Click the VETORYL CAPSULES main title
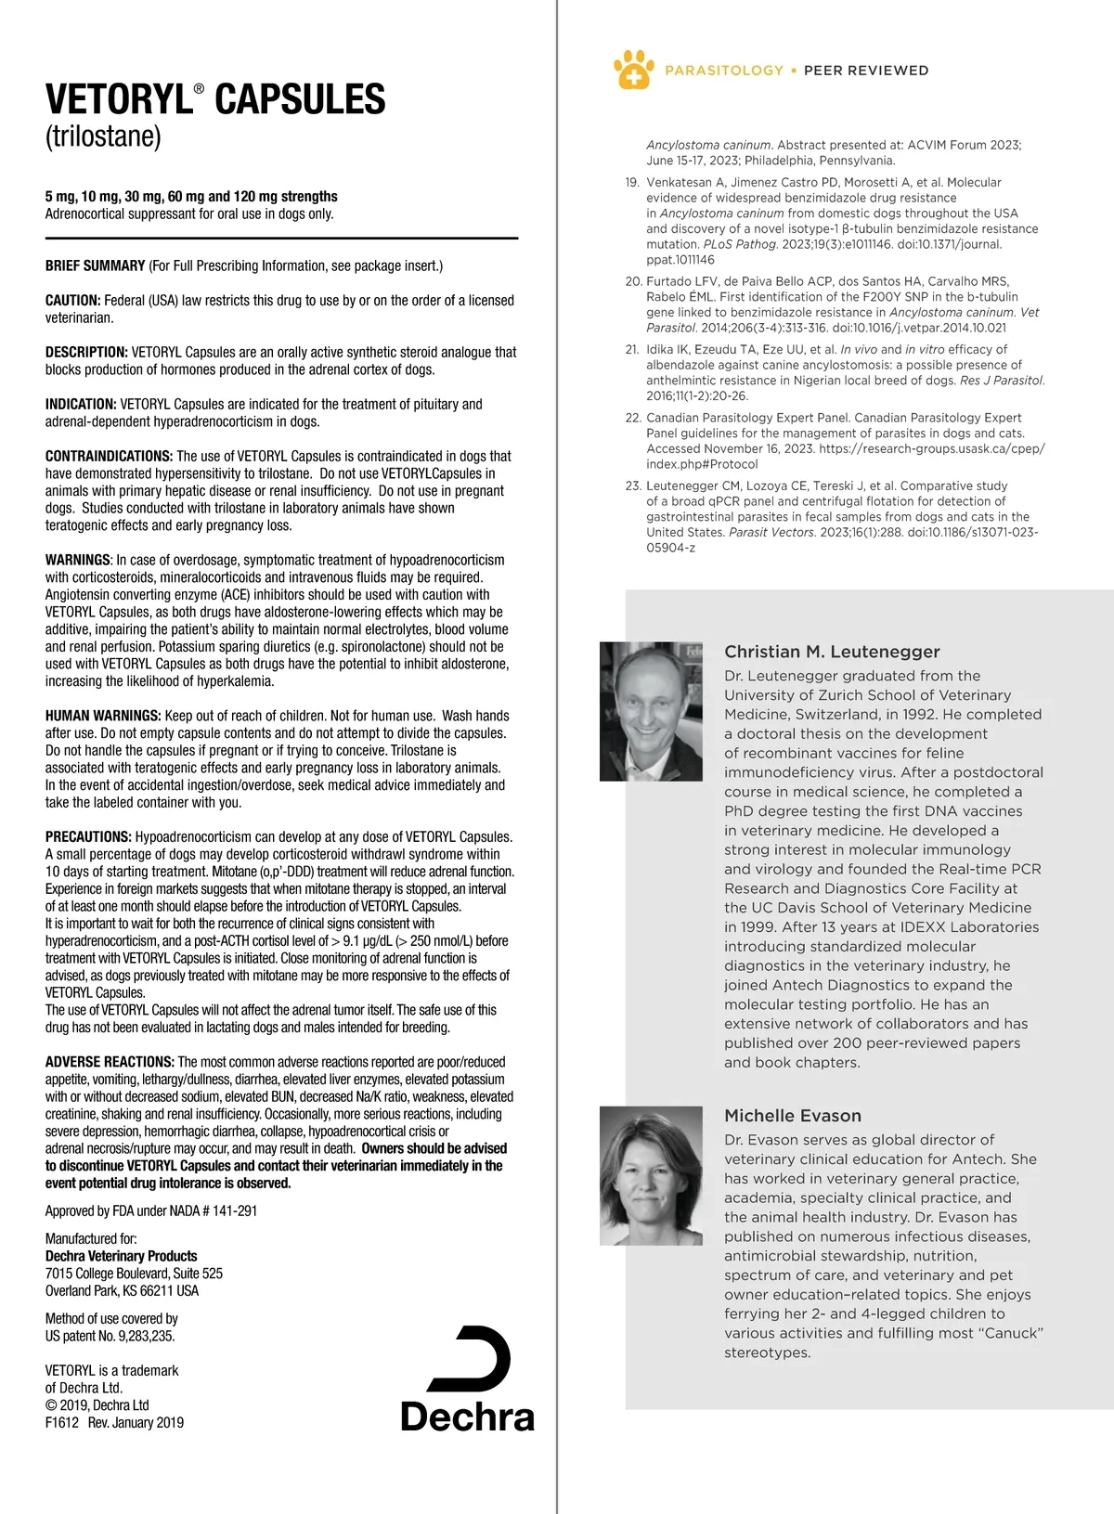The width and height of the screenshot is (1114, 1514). tap(215, 99)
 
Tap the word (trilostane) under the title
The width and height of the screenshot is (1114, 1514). tap(103, 136)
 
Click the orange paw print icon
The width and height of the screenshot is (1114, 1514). tap(633, 70)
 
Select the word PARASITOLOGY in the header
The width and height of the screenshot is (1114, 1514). tap(724, 71)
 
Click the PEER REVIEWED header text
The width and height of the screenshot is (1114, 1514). tap(865, 71)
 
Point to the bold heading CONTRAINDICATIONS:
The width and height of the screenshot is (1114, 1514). tap(109, 456)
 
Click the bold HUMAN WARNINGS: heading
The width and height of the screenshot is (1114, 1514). tap(103, 716)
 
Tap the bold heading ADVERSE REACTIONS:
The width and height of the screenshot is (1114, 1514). tap(110, 1062)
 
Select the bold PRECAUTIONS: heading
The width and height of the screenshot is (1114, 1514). tap(88, 837)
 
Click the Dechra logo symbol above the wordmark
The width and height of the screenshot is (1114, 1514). tap(472, 1358)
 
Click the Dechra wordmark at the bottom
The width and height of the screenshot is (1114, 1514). tap(467, 1417)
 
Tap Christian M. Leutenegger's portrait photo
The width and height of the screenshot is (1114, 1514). tap(652, 710)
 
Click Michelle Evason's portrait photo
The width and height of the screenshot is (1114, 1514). tap(652, 1175)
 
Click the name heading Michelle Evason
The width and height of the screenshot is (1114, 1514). tap(793, 1116)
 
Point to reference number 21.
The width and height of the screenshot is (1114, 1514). tap(633, 350)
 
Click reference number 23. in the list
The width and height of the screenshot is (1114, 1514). tap(633, 485)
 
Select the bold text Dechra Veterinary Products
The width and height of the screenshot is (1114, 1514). tap(121, 1256)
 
